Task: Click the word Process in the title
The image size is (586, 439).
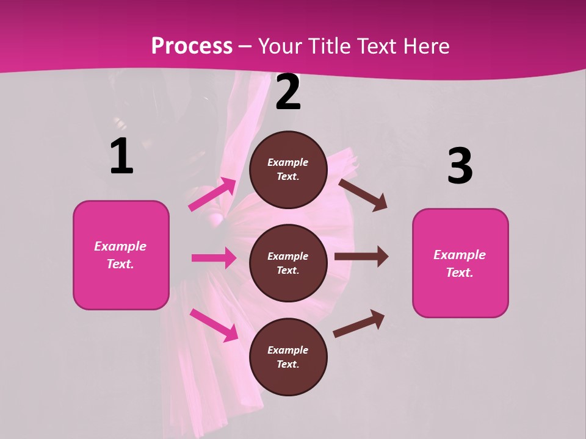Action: coord(192,46)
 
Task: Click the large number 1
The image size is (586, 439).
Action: coord(121,156)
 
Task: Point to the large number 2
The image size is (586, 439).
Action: coord(288,93)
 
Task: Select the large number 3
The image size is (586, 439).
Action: coord(460,166)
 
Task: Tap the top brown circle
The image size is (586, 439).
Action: coord(288,170)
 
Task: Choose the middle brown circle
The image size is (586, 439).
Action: coord(288,263)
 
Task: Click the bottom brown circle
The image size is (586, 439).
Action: coord(288,357)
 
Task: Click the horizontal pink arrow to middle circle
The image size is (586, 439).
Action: coord(214,258)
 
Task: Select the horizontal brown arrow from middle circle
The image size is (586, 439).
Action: coord(361,257)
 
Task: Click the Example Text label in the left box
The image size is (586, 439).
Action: coord(120,255)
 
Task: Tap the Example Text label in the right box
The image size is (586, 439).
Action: coord(460,263)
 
